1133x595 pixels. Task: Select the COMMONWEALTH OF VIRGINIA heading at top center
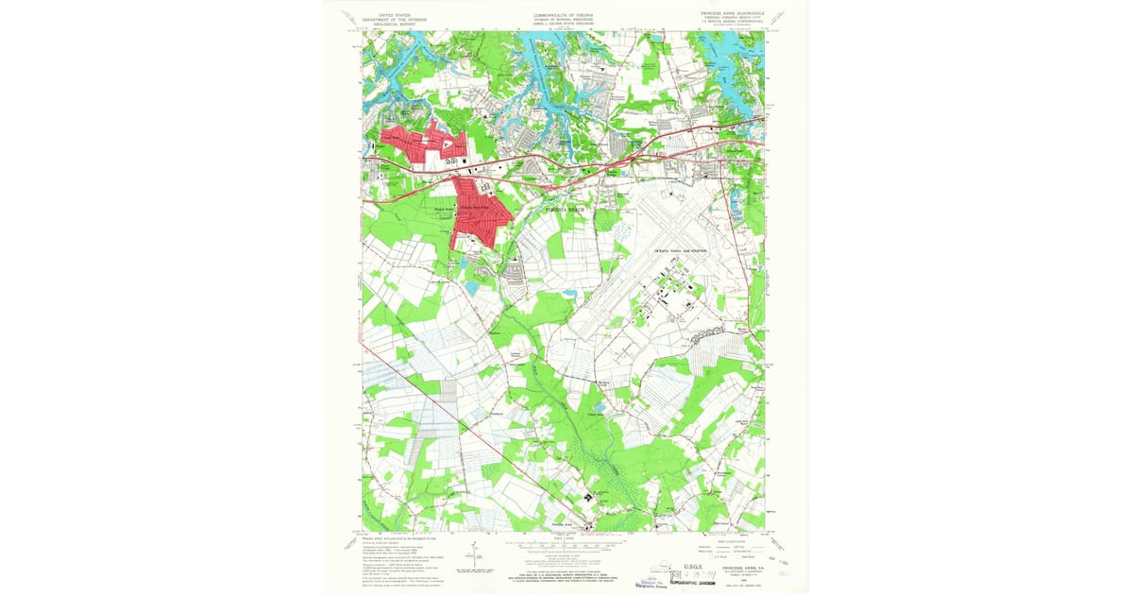(x=565, y=15)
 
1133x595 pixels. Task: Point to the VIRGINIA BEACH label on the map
(x=565, y=209)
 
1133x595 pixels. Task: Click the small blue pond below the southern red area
(x=470, y=285)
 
